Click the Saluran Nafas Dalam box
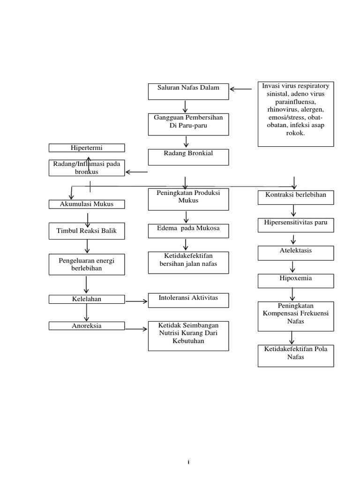pos(188,91)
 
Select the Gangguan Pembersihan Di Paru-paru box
pos(188,124)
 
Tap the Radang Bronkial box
pos(188,157)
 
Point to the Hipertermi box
pos(87,148)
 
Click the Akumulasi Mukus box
pos(87,204)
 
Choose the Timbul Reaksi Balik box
pos(87,231)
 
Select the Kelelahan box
pos(87,299)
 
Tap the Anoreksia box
pos(87,326)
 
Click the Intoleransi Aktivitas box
pos(188,300)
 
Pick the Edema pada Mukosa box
pos(188,231)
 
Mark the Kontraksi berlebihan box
pos(296,197)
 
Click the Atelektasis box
pos(296,253)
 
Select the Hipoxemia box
pos(296,281)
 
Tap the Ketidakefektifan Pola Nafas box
pos(296,356)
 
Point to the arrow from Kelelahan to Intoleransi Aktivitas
pos(136,301)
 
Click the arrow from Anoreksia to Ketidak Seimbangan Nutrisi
pos(136,329)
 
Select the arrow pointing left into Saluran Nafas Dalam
pos(241,89)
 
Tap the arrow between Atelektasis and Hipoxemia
pos(293,267)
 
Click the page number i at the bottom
pos(188,462)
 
